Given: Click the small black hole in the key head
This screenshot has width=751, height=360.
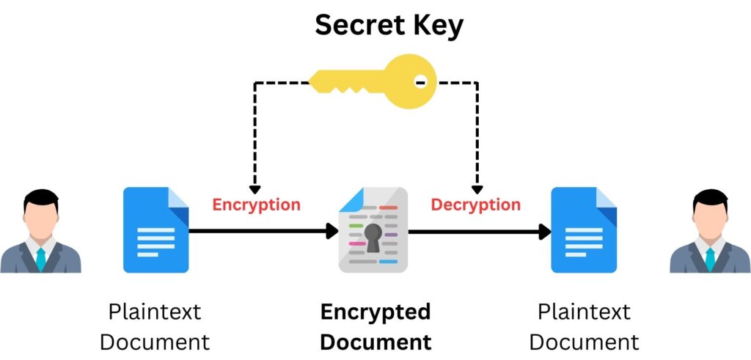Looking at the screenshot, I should pos(420,82).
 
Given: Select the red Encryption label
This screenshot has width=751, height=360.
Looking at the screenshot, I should pos(256,205).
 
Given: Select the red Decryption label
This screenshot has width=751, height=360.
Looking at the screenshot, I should pos(475,205).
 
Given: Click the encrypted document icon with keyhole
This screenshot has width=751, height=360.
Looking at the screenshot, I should pos(373,230).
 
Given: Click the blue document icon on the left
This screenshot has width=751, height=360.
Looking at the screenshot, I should pos(155,230).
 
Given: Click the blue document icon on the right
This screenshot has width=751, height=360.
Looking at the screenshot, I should pos(584,230).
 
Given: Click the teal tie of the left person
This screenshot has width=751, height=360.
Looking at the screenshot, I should pos(40,259).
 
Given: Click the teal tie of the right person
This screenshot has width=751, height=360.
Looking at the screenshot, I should pos(710,259).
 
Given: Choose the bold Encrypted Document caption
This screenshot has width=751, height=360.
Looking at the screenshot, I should pos(375,327).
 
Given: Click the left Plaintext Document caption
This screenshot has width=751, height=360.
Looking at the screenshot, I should pos(155,327).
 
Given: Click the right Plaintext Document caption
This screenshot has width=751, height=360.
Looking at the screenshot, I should pos(584,327).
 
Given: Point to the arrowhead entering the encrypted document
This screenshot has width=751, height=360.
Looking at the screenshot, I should pos(331,231).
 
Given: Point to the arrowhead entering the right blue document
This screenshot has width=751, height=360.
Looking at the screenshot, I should pos(544,232).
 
